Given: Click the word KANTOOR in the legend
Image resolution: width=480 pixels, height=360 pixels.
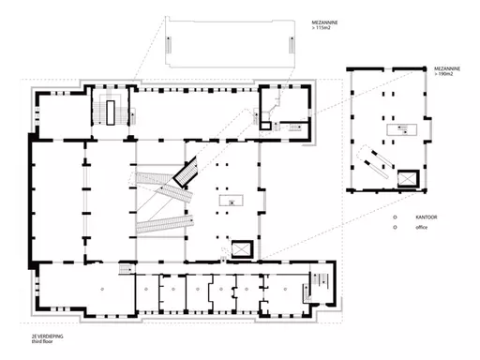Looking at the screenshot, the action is (426, 217).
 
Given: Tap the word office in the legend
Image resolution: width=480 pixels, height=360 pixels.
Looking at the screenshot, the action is (421, 227).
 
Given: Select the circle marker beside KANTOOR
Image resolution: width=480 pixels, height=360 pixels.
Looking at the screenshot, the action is (395, 217).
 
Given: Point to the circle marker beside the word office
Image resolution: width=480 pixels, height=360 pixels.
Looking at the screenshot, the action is (395, 227).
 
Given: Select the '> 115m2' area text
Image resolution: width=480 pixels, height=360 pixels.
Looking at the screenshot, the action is (322, 28).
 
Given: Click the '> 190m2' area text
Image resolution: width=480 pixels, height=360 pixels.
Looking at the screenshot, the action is (443, 74).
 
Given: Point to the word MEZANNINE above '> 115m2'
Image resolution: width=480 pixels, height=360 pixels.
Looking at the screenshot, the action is (324, 22).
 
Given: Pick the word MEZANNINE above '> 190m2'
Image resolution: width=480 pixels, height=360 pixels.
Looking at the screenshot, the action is (447, 68).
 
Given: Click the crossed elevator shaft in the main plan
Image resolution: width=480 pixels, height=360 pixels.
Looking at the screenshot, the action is (242, 249).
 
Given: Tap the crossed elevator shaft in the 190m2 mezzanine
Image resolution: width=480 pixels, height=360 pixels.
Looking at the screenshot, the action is (408, 179).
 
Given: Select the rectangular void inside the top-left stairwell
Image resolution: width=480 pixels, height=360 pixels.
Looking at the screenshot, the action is (111, 112).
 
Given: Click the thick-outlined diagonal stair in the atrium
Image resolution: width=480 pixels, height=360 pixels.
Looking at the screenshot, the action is (186, 172).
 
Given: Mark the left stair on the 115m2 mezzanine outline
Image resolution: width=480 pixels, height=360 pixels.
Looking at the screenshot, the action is (168, 45).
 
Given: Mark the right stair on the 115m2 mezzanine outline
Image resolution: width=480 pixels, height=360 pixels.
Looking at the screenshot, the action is (292, 45).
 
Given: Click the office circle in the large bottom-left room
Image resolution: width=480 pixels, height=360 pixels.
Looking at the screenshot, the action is (102, 289).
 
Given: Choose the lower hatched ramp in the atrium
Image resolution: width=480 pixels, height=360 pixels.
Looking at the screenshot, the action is (165, 224).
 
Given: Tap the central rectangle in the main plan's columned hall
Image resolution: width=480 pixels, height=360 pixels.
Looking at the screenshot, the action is (232, 201).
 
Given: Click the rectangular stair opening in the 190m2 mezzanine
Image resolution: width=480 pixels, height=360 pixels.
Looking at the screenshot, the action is (402, 129).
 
